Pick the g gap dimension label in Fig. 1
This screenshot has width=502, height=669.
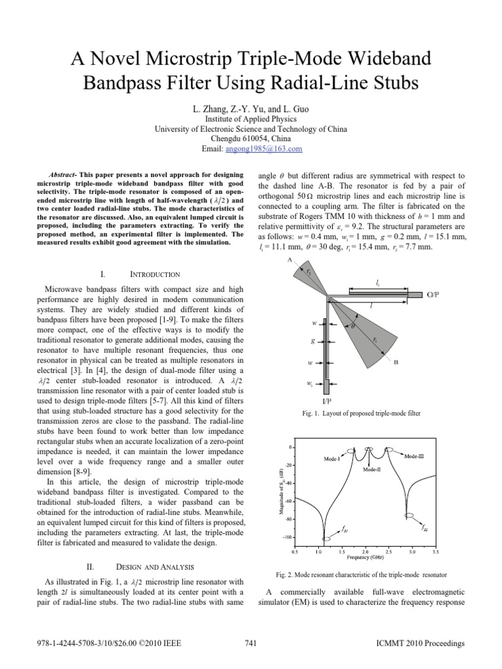pos(313,341)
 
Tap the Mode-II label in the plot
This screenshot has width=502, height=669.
pos(373,469)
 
